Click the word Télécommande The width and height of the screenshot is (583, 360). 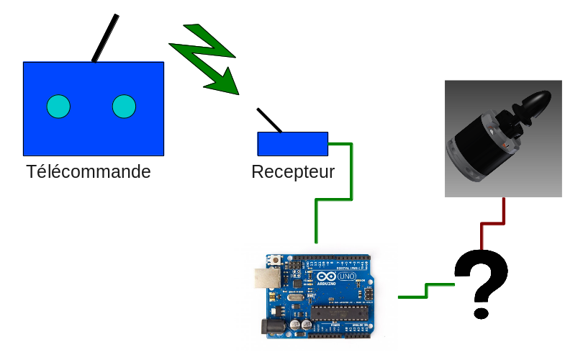[x=89, y=172]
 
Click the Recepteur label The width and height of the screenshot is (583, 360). [x=293, y=172]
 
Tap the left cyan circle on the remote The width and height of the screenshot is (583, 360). [x=58, y=107]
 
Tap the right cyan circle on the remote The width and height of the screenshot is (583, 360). [x=124, y=107]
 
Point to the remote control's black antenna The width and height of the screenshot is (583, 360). [x=104, y=38]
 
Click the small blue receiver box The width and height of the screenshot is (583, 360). [x=293, y=143]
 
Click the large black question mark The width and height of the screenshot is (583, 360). [x=481, y=281]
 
